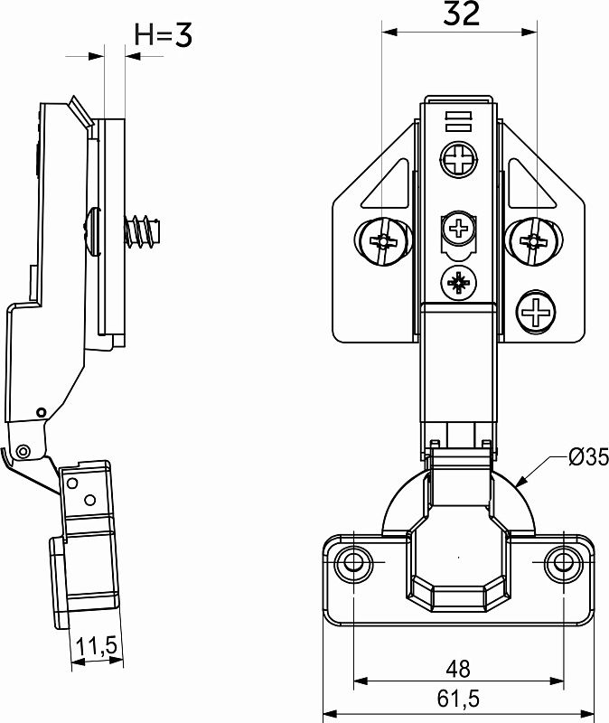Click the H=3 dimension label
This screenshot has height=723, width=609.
(x=164, y=34)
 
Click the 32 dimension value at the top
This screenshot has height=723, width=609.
(x=462, y=14)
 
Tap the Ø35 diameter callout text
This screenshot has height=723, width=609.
(x=589, y=457)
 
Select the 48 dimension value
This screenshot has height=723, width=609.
(x=458, y=669)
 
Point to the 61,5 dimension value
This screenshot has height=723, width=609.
(x=458, y=699)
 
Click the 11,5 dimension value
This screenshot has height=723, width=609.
(x=97, y=646)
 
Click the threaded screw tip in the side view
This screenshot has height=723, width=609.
(x=142, y=230)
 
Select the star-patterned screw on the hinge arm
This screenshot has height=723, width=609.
(x=459, y=283)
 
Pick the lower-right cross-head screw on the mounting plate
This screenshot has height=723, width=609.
(x=536, y=312)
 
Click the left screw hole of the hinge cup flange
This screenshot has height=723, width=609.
(x=353, y=562)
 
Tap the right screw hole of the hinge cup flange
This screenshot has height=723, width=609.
(x=562, y=562)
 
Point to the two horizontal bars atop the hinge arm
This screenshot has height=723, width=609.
(x=459, y=121)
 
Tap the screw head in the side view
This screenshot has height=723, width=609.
(x=92, y=230)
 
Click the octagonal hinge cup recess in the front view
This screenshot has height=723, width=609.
(x=459, y=558)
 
